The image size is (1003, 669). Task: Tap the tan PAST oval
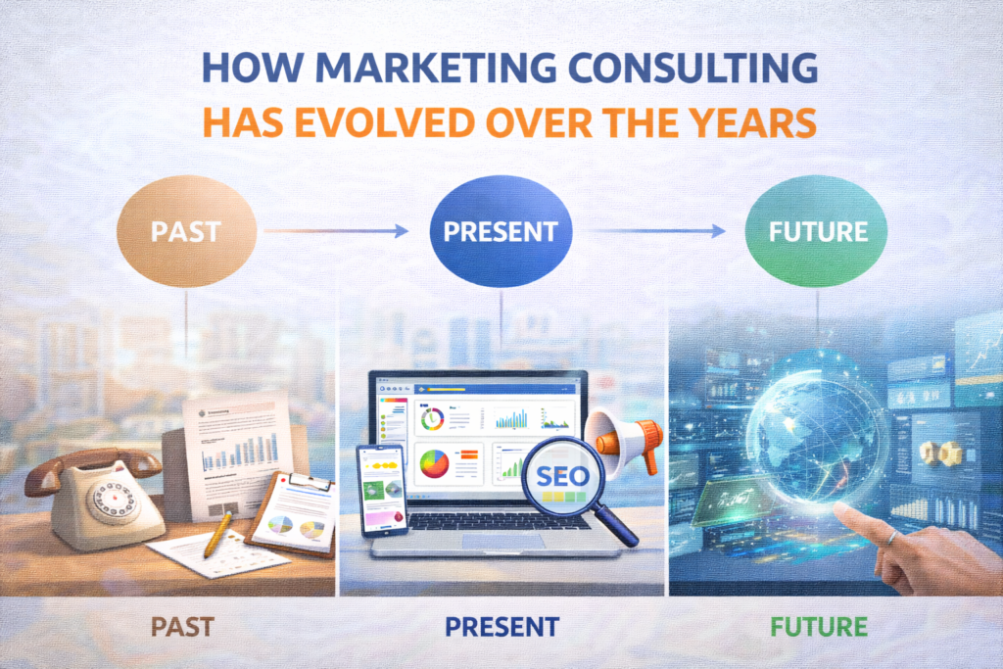tap(185, 234)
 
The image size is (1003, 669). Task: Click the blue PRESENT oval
tap(501, 233)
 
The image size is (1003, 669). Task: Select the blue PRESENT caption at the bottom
tap(501, 627)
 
